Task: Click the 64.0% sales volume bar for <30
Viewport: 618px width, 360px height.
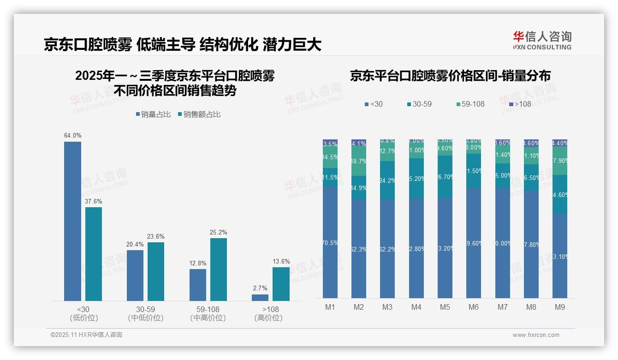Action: point(72,221)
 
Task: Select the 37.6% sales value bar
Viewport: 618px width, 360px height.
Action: point(94,254)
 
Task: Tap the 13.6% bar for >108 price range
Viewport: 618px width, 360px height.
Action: point(281,284)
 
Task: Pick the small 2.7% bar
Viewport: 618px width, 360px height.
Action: point(260,298)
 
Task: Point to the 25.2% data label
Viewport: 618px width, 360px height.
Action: point(219,232)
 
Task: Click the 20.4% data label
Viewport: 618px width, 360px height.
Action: point(135,244)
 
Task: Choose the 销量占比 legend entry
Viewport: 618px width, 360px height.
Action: point(155,114)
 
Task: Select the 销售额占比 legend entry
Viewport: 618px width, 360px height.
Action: point(199,114)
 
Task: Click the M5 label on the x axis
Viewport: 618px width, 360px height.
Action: point(445,307)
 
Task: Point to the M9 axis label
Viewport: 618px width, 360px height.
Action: point(559,307)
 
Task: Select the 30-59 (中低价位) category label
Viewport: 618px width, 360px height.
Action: point(146,313)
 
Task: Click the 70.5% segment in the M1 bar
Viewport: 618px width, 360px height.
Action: point(330,242)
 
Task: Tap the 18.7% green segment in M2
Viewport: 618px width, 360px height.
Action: point(359,162)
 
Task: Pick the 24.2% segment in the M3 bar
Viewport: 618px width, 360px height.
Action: point(387,180)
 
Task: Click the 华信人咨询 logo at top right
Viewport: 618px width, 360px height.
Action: point(542,40)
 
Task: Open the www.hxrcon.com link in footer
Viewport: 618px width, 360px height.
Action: point(536,335)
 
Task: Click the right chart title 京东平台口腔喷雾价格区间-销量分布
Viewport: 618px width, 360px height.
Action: point(450,76)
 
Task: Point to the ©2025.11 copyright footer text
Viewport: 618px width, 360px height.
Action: point(86,335)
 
